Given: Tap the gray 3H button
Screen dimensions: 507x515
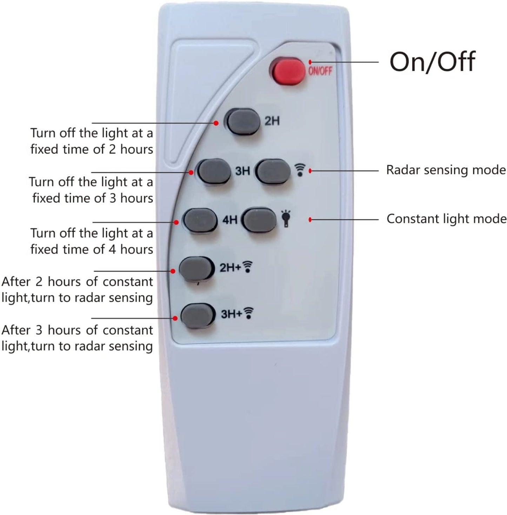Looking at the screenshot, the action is [x=214, y=171].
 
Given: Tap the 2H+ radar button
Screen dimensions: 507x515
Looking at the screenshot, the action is [x=196, y=269].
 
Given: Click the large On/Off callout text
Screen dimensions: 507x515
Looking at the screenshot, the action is [x=432, y=62].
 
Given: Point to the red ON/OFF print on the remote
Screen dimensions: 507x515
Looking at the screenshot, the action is [x=320, y=71].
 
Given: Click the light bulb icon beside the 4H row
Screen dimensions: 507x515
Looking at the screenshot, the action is [x=286, y=218].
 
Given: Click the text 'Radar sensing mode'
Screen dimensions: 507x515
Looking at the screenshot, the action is [x=446, y=170].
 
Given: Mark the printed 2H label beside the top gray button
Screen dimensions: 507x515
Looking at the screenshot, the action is [x=272, y=121].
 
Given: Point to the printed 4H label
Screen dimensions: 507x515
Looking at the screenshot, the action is [x=230, y=220].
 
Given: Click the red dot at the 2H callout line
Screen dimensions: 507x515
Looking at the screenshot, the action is [x=216, y=123].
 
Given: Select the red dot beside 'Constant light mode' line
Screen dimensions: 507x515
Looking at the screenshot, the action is [x=310, y=220].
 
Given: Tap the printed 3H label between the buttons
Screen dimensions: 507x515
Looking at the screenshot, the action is [x=242, y=171].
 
